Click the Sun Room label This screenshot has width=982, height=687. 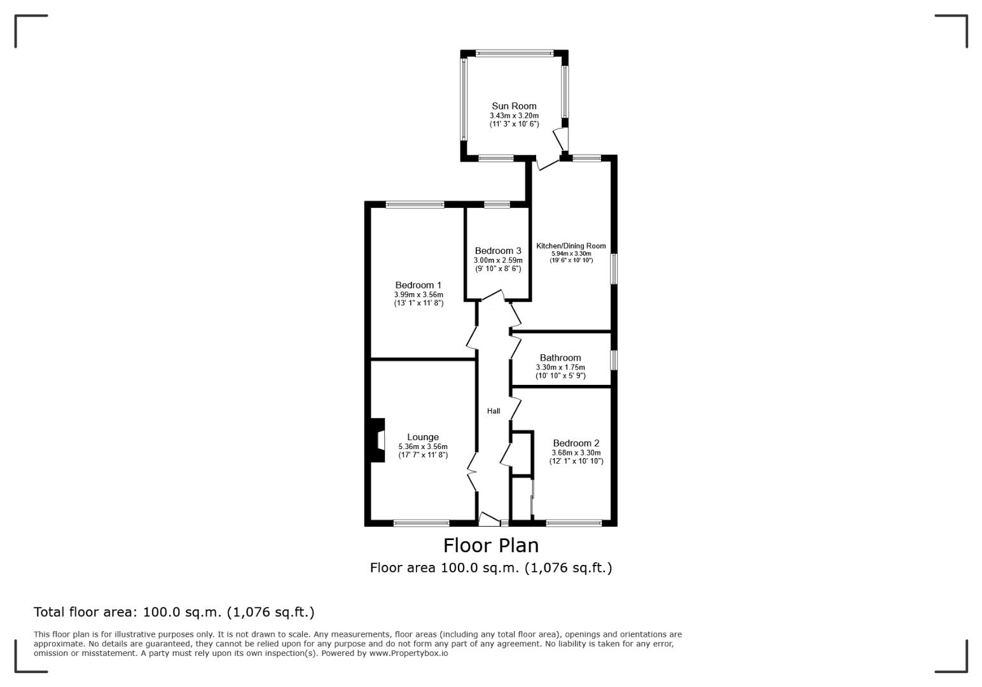[514, 106]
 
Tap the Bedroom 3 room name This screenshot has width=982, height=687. [498, 251]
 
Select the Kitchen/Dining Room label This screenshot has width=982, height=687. [571, 246]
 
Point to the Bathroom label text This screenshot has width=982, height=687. [560, 357]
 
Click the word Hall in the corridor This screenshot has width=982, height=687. [494, 411]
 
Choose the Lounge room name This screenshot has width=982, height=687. [422, 437]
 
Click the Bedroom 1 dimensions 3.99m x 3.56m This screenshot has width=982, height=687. [418, 295]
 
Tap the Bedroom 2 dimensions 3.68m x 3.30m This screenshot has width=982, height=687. [576, 452]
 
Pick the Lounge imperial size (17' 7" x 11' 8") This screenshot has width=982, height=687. [423, 455]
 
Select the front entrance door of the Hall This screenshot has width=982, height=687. [489, 519]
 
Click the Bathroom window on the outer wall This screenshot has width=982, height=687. [614, 359]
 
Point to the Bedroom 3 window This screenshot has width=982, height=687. [497, 204]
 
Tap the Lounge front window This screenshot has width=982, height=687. [421, 523]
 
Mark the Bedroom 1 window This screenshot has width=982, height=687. [415, 204]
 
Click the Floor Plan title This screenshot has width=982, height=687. [491, 545]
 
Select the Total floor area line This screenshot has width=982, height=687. [174, 612]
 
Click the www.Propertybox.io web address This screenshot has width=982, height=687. [408, 653]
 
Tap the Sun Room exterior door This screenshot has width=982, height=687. [562, 139]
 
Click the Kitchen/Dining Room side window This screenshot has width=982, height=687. [614, 268]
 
